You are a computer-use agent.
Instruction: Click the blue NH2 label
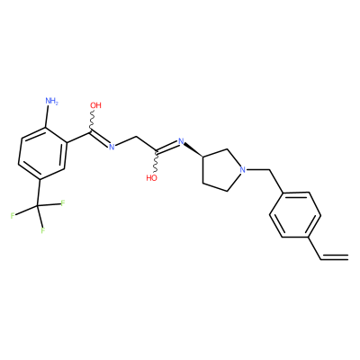click(x=51, y=101)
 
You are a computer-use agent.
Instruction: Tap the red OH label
click(x=96, y=105)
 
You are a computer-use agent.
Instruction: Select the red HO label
click(x=152, y=178)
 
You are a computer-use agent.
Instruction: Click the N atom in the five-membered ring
click(x=243, y=169)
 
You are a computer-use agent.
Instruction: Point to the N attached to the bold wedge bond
click(x=181, y=140)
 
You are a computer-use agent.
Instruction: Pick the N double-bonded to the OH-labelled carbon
click(x=112, y=147)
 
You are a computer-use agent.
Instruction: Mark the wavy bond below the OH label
click(x=92, y=120)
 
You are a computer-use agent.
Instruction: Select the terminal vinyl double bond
click(x=335, y=256)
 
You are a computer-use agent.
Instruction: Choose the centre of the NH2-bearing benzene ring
click(x=42, y=153)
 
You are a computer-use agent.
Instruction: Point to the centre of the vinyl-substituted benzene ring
click(x=295, y=215)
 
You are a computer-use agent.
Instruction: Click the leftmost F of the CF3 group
click(x=13, y=215)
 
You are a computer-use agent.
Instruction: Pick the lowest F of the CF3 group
click(x=43, y=230)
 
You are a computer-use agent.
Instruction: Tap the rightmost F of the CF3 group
click(x=63, y=203)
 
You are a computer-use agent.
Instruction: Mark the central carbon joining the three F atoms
click(x=38, y=205)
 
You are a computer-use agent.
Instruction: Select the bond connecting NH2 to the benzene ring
click(x=47, y=117)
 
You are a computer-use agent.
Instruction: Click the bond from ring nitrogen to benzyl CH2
click(x=258, y=170)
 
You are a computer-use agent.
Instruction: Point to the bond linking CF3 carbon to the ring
click(x=39, y=193)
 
